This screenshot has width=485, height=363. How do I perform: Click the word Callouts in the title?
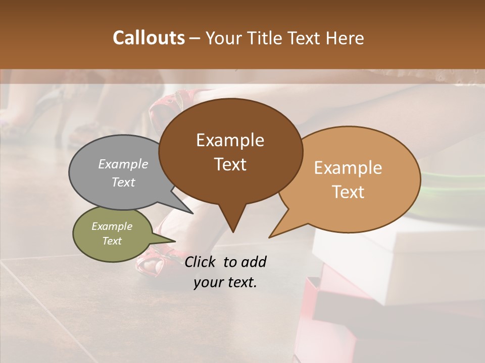point(149,38)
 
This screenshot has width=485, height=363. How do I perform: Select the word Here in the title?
point(345,38)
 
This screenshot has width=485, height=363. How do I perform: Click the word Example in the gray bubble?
point(123,164)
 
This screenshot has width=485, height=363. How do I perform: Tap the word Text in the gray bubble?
point(123,182)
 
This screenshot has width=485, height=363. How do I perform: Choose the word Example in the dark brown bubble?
point(230,140)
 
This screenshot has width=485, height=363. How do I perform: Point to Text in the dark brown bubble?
point(230,164)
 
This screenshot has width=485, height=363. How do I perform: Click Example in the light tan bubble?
point(348,168)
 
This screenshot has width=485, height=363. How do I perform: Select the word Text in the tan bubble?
point(348,192)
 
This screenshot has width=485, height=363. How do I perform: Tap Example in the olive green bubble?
point(112,226)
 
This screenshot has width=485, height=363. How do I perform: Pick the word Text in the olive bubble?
point(112,241)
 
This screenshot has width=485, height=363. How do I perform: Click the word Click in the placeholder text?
point(201,262)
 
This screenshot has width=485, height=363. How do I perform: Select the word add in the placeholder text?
point(254,262)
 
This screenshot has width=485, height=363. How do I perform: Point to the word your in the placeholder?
point(208,282)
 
